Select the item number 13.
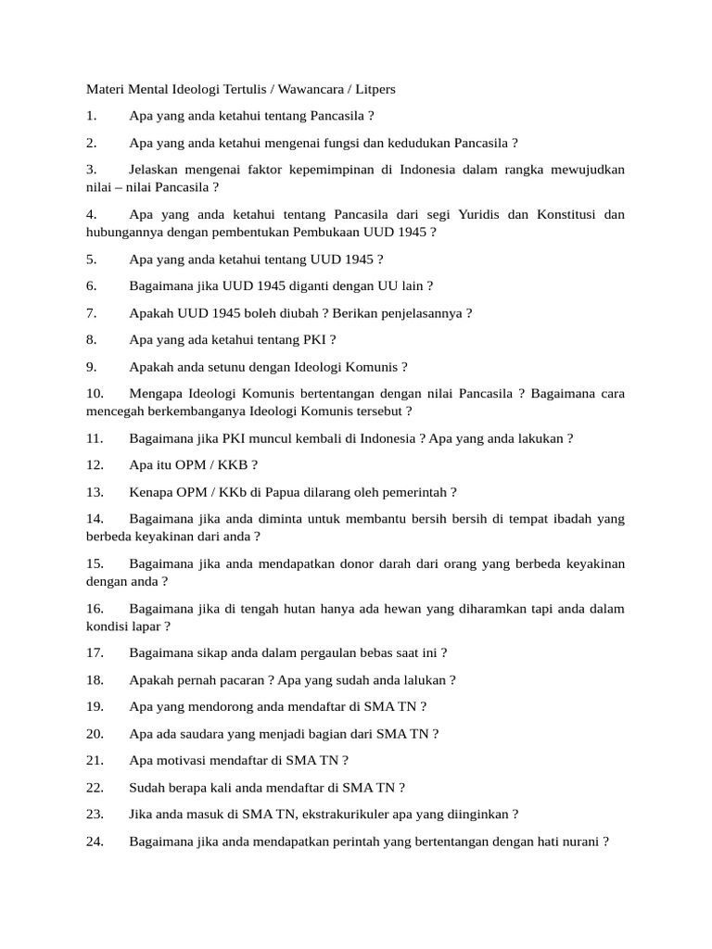(x=95, y=492)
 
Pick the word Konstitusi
(x=561, y=214)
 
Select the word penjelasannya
(x=419, y=312)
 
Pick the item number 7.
(x=91, y=312)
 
